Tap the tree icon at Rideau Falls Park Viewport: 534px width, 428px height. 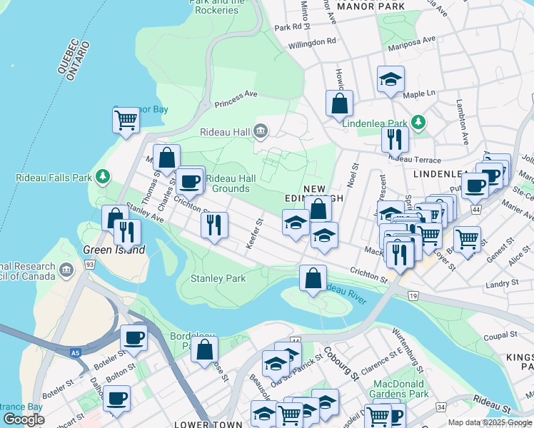click(104, 175)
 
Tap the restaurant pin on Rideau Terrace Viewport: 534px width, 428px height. click(394, 138)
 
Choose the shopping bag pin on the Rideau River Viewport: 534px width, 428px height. click(313, 278)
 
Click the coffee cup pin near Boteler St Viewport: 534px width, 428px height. click(133, 338)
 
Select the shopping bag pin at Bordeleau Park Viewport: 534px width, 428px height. click(205, 350)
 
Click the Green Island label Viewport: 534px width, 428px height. click(114, 250)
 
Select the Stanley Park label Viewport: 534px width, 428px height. click(218, 278)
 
